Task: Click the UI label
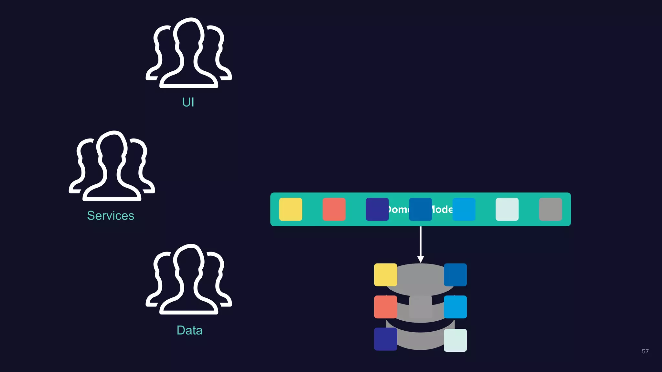188,102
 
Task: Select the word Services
111,216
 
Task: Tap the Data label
189,330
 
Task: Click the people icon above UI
189,53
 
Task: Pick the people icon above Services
112,166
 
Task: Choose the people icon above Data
189,279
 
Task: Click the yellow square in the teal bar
291,209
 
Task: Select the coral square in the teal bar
334,209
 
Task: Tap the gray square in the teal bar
550,209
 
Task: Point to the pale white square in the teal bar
507,209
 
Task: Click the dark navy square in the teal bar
377,209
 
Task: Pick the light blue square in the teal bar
464,209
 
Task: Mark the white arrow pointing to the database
421,244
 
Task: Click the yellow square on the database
385,275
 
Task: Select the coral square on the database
385,307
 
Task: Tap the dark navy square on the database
385,339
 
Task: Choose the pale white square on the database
455,340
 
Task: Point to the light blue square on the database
455,307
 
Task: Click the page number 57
645,351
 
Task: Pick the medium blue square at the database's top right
455,275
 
